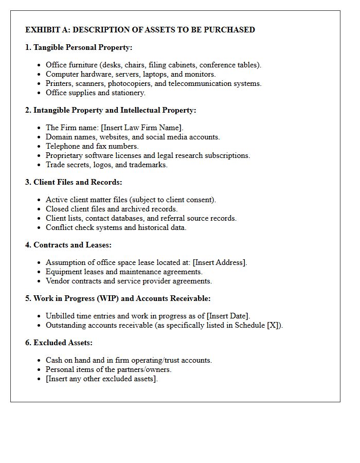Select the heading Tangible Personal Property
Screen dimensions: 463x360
click(82, 47)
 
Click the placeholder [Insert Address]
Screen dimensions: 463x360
click(220, 262)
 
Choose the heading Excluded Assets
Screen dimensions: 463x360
click(63, 343)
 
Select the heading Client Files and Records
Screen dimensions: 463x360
click(78, 182)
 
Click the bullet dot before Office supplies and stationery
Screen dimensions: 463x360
click(40, 93)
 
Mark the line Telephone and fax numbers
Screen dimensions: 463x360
click(92, 146)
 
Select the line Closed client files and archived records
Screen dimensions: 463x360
click(112, 209)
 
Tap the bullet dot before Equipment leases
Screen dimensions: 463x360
click(40, 272)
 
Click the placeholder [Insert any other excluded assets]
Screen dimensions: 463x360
click(101, 379)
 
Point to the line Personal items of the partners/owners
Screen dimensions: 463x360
click(109, 369)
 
